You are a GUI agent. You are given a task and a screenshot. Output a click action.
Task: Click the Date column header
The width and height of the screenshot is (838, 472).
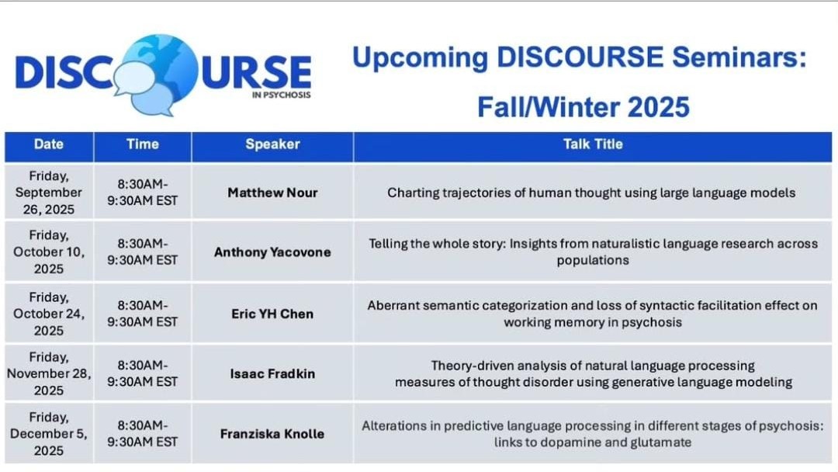[x=49, y=144]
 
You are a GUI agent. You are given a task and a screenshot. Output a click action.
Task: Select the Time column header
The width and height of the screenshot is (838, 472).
[x=143, y=144]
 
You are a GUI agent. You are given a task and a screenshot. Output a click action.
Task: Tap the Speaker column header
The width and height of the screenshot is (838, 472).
[x=272, y=144]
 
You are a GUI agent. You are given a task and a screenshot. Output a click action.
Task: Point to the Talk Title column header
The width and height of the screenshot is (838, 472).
[x=593, y=144]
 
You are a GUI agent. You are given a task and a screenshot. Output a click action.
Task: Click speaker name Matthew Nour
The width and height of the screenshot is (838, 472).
[x=272, y=193]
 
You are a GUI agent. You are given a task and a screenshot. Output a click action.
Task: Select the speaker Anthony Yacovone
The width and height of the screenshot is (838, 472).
[x=272, y=252]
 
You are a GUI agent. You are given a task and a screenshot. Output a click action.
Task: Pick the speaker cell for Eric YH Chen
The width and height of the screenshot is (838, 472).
[x=272, y=314]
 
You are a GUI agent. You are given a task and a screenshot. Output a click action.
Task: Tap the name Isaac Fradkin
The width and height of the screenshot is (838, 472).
[x=272, y=373]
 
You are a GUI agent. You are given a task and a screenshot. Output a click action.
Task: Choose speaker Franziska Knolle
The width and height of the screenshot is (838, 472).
[x=272, y=433]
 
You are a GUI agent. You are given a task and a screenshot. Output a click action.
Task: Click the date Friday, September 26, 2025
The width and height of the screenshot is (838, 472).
[x=49, y=193]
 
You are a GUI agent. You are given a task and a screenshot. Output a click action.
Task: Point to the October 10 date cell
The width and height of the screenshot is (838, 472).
[x=49, y=252]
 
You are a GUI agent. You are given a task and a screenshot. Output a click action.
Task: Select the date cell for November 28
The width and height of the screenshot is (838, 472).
[x=49, y=373]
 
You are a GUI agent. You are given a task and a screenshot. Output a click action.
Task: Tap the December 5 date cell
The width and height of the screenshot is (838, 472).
[x=49, y=433]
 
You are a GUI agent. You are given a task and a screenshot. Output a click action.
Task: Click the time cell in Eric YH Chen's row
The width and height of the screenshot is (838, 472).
[x=143, y=314]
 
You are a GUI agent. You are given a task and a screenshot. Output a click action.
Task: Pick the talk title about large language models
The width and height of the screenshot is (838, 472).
[x=591, y=193]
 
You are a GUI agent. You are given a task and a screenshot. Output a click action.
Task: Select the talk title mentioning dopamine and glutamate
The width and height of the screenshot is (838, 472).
[x=593, y=434]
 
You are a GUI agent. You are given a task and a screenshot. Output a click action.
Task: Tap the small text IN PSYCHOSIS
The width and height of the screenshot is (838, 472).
[x=281, y=95]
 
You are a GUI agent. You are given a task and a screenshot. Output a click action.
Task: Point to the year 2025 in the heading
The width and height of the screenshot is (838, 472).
[x=659, y=107]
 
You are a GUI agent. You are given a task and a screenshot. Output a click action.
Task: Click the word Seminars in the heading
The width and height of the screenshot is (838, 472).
[x=739, y=57]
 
